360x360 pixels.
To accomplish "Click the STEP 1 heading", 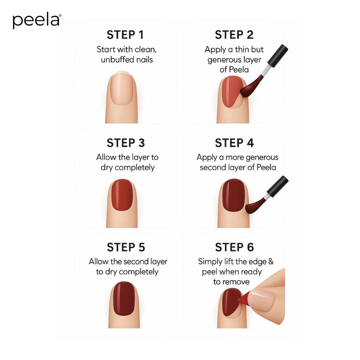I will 126,35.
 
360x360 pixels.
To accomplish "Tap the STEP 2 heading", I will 234,35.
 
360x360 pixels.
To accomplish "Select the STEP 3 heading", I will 126,143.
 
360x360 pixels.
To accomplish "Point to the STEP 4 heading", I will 234,143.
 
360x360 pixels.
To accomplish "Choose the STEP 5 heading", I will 126,247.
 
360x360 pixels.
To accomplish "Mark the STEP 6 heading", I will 234,247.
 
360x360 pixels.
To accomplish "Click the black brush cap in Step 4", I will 278,186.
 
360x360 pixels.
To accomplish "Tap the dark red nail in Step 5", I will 122,299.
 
